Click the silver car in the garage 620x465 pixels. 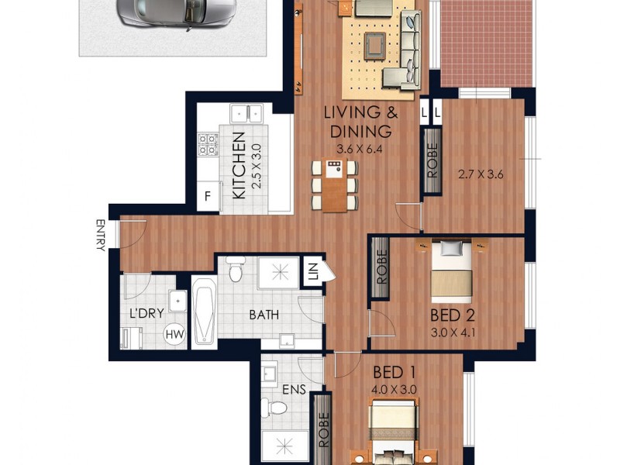(x=176, y=12)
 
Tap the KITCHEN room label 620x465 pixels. (x=239, y=165)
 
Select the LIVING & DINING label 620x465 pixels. (x=360, y=121)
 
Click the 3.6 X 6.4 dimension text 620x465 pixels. (x=360, y=149)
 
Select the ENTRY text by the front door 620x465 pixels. (x=100, y=235)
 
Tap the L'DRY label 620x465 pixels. (x=146, y=315)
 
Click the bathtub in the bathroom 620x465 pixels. (x=205, y=312)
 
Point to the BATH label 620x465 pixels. (x=263, y=315)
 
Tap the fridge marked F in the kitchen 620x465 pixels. (x=208, y=196)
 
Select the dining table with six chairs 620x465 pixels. (x=335, y=184)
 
